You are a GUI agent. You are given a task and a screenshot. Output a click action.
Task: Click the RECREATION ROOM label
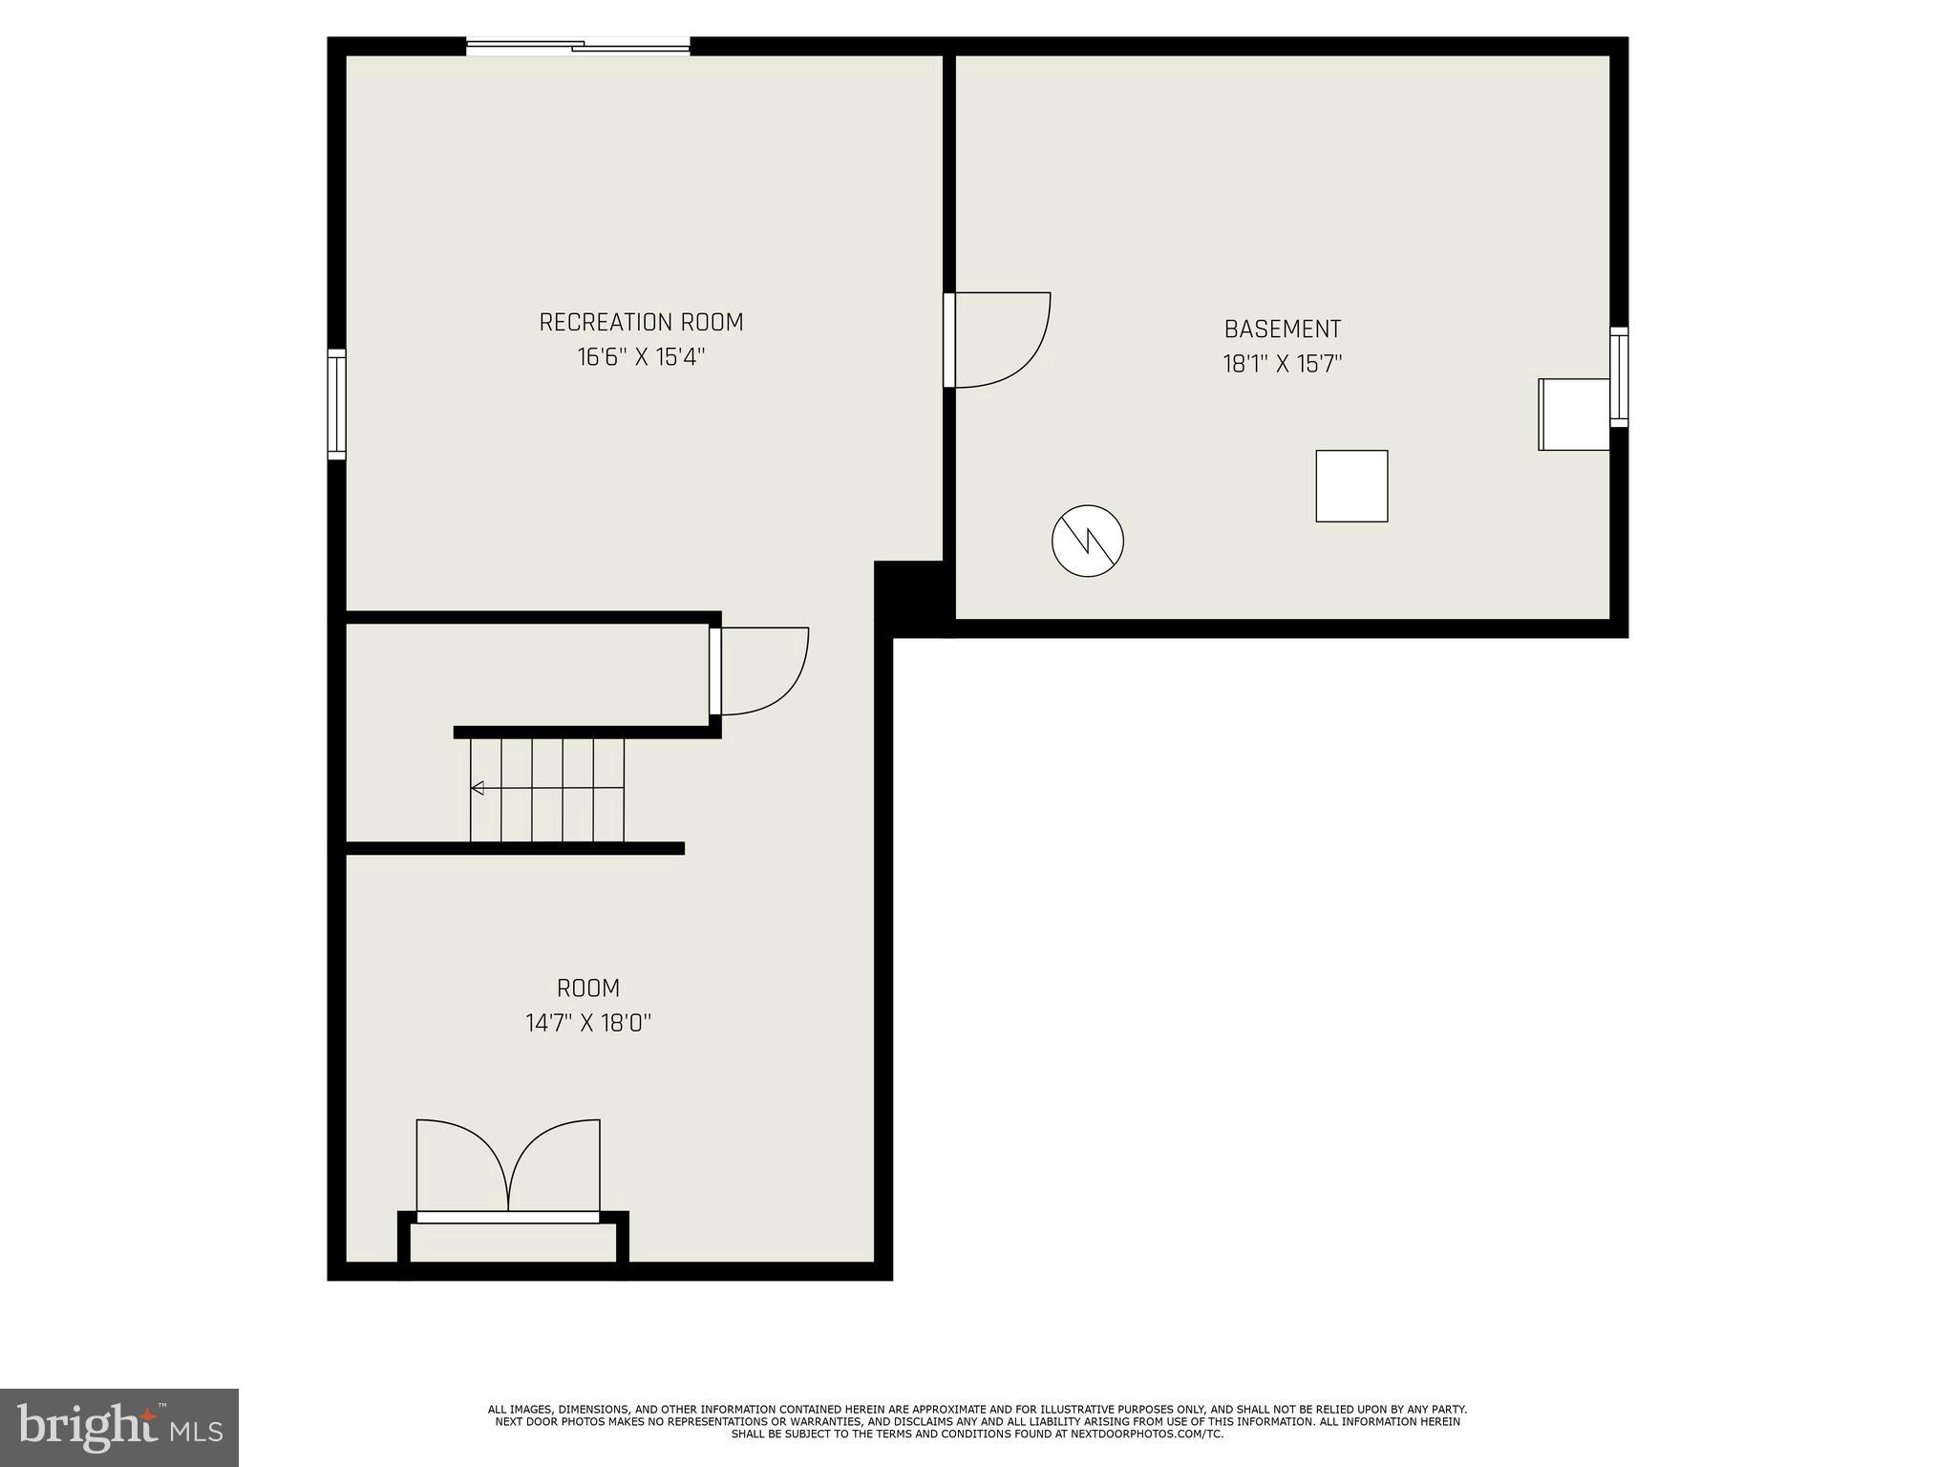point(641,323)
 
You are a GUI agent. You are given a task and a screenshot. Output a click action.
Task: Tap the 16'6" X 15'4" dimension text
point(641,357)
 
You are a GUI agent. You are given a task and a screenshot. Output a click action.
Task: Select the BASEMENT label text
point(1283,330)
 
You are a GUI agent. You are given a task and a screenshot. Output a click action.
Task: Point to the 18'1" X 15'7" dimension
point(1283,364)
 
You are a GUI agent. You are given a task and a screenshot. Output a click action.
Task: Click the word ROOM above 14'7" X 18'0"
point(588,989)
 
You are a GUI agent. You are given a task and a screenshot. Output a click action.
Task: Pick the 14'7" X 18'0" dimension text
point(588,1024)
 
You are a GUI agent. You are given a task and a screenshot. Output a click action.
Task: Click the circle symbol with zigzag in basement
point(1088,541)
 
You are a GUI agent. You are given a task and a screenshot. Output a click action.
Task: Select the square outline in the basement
point(1351,486)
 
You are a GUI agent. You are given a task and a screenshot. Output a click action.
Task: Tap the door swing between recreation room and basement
point(998,339)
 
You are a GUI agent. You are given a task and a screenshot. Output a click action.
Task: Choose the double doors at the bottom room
point(508,1167)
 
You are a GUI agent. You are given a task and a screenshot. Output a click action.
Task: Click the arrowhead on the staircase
point(478,788)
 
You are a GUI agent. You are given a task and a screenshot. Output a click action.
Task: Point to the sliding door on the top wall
point(578,45)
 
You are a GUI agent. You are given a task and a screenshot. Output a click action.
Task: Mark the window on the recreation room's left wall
point(336,404)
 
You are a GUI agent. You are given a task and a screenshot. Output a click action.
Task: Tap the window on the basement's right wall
point(1619,376)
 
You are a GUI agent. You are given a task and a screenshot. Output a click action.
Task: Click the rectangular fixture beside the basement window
point(1573,414)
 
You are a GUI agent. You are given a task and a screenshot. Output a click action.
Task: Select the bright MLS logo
point(119,1427)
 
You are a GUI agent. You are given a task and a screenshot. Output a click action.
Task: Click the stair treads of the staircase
point(547,790)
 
